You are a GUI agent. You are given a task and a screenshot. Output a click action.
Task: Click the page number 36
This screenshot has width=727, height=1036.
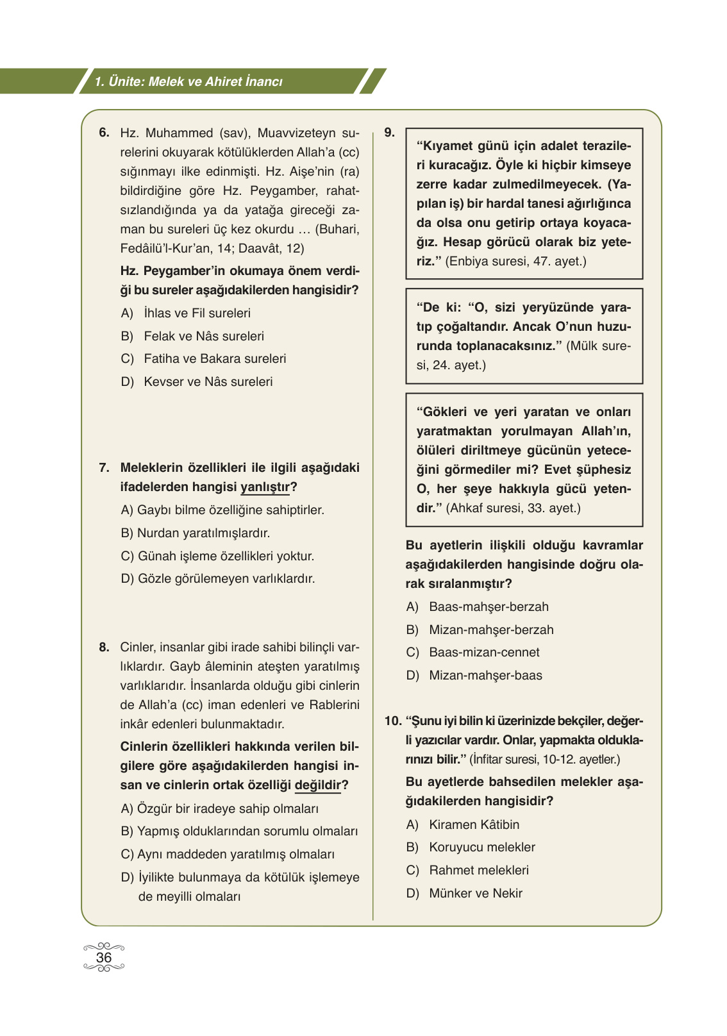103,957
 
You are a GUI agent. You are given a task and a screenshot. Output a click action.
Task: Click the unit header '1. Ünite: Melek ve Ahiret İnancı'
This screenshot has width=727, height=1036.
188,82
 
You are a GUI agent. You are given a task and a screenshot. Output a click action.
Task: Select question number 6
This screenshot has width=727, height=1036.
104,133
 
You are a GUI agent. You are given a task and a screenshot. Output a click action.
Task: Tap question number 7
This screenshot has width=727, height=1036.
104,467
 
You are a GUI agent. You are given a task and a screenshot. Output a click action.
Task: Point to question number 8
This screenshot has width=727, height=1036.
104,647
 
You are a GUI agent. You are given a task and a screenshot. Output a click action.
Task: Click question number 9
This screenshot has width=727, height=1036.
389,133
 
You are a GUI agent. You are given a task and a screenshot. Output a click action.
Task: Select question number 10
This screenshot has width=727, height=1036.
392,721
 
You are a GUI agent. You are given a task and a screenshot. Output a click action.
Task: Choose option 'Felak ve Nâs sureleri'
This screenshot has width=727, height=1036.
203,336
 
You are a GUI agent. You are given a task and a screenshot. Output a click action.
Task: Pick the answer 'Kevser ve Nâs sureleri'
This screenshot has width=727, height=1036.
208,381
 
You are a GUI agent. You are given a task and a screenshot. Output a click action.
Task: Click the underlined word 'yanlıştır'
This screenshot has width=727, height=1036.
265,487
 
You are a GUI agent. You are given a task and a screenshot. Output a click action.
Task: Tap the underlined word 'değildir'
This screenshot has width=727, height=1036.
318,785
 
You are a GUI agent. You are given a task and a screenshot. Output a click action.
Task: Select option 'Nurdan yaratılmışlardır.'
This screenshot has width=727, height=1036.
203,533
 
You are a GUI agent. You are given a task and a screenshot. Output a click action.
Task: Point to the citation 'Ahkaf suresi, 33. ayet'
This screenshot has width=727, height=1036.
513,508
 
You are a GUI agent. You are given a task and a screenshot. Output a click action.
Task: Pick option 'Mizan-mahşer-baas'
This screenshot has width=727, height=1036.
485,675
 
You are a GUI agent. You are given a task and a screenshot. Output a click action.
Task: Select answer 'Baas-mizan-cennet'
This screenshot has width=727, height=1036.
484,652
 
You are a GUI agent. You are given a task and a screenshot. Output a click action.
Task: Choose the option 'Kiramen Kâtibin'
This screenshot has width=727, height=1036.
474,824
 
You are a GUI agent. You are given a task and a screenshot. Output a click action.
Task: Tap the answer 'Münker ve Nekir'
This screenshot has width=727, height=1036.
475,893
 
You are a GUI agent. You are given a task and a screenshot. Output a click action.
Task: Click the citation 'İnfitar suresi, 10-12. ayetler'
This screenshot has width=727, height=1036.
545,760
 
